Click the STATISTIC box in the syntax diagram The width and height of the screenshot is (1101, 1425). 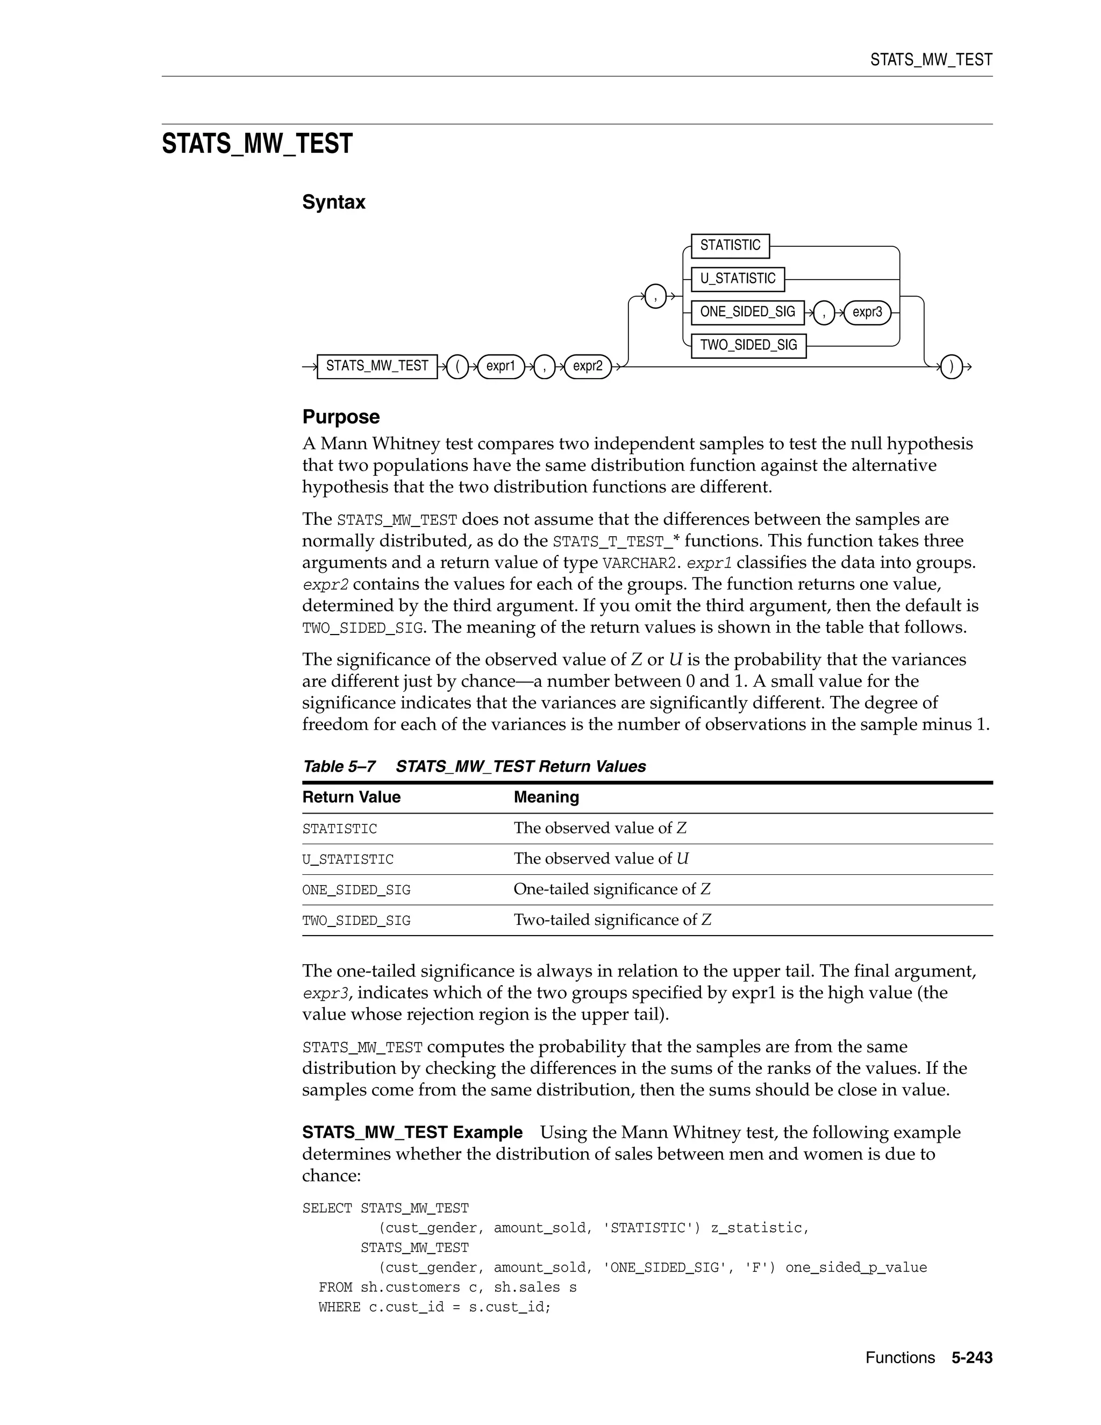(730, 246)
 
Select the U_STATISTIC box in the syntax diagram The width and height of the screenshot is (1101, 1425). (738, 279)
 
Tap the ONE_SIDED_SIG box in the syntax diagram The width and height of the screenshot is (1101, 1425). (747, 312)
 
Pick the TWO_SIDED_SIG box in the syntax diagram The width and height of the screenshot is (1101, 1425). (748, 346)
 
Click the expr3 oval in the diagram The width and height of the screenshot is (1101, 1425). (867, 312)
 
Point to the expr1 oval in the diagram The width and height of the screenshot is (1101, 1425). (501, 367)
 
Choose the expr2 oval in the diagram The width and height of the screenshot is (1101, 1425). (587, 367)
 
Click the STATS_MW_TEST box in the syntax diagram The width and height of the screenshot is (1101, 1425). (377, 367)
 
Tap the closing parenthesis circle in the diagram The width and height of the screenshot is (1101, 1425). (952, 367)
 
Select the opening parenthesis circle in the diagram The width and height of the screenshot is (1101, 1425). (458, 367)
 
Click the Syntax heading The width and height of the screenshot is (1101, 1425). (333, 202)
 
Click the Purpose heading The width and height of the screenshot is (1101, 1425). (340, 417)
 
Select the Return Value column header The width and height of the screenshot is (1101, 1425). (351, 797)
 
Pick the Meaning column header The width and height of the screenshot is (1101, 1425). (546, 797)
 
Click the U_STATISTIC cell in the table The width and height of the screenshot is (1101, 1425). (348, 860)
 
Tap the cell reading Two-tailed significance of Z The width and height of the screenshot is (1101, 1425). (612, 920)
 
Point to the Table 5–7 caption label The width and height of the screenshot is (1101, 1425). (339, 767)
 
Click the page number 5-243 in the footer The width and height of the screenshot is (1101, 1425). (971, 1358)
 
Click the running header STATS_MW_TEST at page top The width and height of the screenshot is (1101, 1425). (931, 60)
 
